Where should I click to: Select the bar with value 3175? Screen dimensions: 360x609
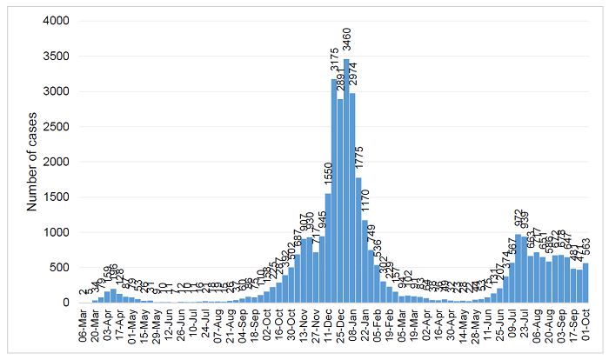[x=334, y=191]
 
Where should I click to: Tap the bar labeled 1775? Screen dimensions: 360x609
[x=358, y=240]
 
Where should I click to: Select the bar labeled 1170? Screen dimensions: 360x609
[x=365, y=261]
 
